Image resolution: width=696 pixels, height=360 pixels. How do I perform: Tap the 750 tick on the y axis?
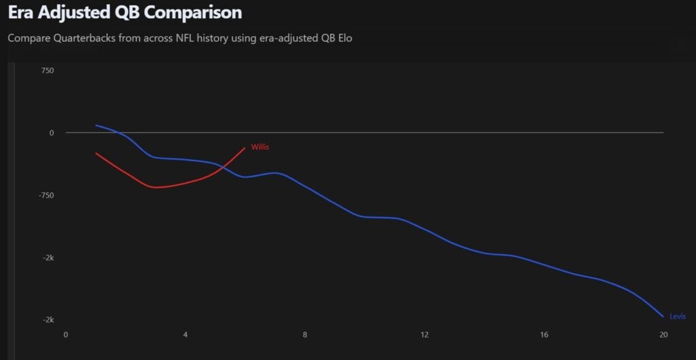(x=47, y=71)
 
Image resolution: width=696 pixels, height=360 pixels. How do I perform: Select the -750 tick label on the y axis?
(x=46, y=196)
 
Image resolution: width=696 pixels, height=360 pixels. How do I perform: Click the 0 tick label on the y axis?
(x=51, y=133)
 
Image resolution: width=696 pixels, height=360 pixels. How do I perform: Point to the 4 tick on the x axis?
(x=185, y=335)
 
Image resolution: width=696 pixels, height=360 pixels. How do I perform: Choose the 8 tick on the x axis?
(x=304, y=335)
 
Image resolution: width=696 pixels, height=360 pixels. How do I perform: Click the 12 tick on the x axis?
(x=424, y=335)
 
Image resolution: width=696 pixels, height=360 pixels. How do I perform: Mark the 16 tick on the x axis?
(x=544, y=335)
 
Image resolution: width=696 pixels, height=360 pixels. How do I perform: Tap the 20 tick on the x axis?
(x=663, y=335)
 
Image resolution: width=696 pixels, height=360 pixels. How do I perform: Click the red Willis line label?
(x=260, y=147)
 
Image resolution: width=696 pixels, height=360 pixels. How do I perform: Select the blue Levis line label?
(x=677, y=317)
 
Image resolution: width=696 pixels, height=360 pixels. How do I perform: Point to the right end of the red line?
(x=245, y=148)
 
